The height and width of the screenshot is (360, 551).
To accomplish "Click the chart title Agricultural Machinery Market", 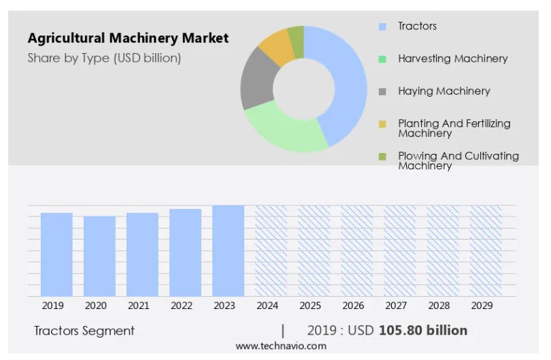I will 128,38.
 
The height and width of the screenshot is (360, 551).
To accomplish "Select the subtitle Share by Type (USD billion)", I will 104,58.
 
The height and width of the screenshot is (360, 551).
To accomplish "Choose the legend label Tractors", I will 417,26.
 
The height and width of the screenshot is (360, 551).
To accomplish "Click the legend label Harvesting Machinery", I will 452,59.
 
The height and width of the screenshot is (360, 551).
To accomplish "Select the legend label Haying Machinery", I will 444,91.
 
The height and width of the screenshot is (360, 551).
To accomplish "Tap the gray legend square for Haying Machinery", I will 382,91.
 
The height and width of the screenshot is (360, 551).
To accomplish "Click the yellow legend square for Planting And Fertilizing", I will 382,124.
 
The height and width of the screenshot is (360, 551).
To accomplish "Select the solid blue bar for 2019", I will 56,255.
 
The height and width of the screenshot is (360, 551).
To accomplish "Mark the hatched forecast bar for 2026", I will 356,250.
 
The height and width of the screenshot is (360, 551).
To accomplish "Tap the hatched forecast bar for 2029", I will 486,250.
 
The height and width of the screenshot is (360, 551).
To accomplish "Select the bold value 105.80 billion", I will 423,331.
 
